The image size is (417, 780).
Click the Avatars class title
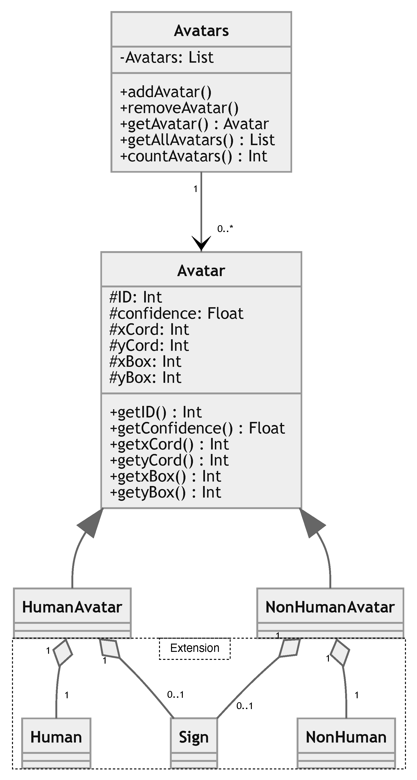(x=201, y=31)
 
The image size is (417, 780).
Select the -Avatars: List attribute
(x=167, y=57)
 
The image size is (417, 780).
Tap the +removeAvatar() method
(x=179, y=108)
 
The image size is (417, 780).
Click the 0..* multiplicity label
(x=225, y=229)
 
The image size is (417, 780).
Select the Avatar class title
(x=201, y=270)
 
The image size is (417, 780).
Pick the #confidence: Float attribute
(x=176, y=313)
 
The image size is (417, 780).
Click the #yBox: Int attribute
(x=145, y=378)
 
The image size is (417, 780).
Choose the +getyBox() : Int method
(x=166, y=492)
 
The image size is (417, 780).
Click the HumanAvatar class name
(x=72, y=607)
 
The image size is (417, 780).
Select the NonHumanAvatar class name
(x=330, y=607)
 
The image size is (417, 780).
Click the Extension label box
(x=195, y=648)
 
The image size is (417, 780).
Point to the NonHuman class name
(x=346, y=737)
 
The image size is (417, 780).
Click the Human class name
(x=56, y=737)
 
